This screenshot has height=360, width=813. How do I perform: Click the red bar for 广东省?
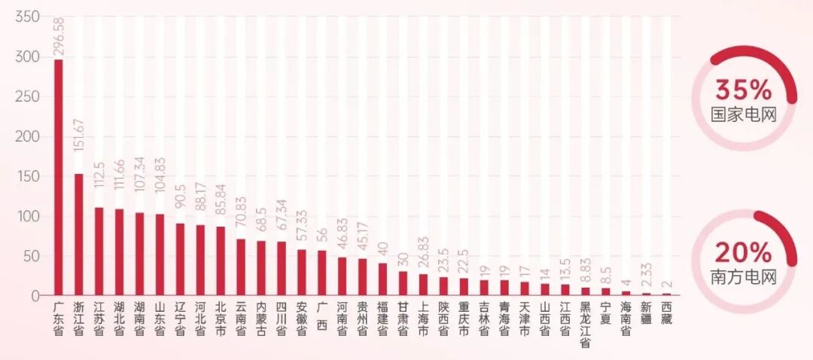pos(59,178)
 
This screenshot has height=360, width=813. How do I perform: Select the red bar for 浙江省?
pos(79,234)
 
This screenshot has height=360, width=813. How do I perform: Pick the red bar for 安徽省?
pos(301,273)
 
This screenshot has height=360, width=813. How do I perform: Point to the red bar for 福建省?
pos(382,279)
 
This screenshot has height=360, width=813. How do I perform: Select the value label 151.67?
pos(79,135)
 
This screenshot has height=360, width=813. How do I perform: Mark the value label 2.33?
pos(647,276)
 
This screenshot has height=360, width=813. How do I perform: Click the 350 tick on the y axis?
pos(28,17)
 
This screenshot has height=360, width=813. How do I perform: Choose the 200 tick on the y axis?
pos(28,137)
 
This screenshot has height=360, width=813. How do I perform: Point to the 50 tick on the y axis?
pos(32,256)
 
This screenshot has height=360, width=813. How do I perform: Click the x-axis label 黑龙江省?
pos(586,324)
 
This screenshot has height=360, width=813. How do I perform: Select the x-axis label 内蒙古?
pos(261,318)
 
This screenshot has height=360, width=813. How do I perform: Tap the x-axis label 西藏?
pos(667,313)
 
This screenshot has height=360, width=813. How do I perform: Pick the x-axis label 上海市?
pos(423,318)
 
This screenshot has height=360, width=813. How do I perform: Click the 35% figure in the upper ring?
pos(744,91)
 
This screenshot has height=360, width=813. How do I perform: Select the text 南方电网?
pos(744,277)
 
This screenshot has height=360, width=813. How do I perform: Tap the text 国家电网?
pos(744,114)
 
